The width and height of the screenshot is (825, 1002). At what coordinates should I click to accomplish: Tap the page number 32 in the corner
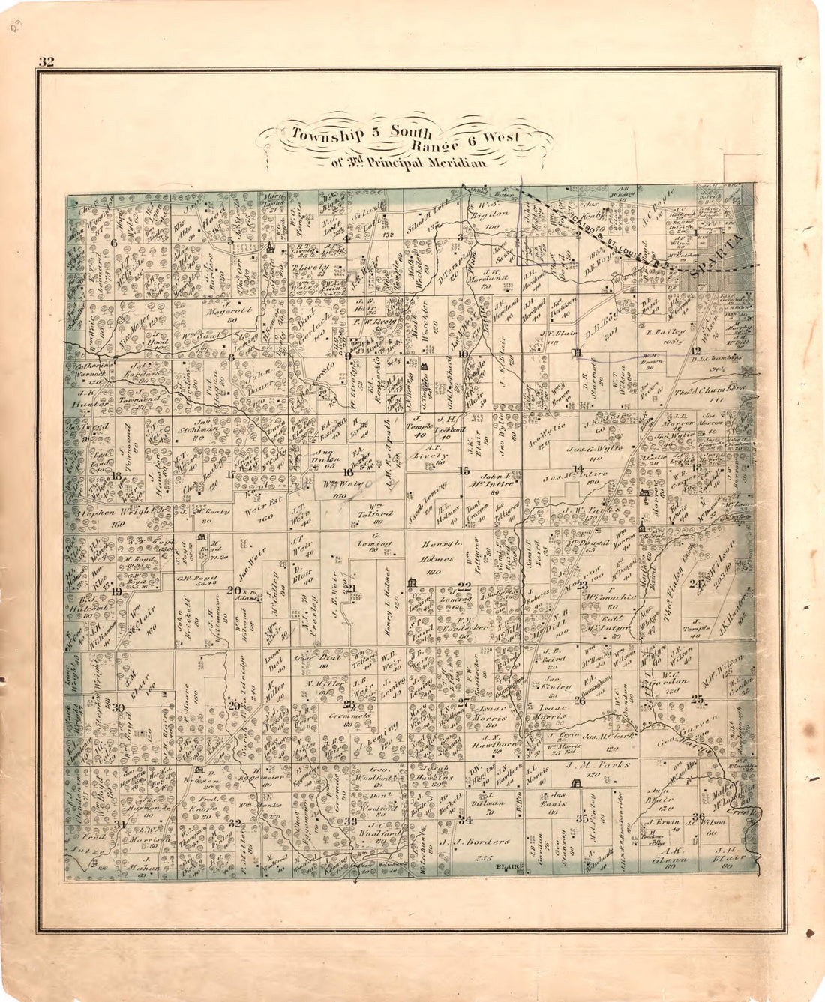pos(46,62)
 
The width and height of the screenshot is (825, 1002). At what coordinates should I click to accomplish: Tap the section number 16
pos(347,472)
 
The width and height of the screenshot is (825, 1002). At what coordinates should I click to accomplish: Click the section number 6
pos(114,242)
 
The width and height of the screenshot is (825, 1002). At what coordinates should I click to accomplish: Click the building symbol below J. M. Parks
pos(576,783)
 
